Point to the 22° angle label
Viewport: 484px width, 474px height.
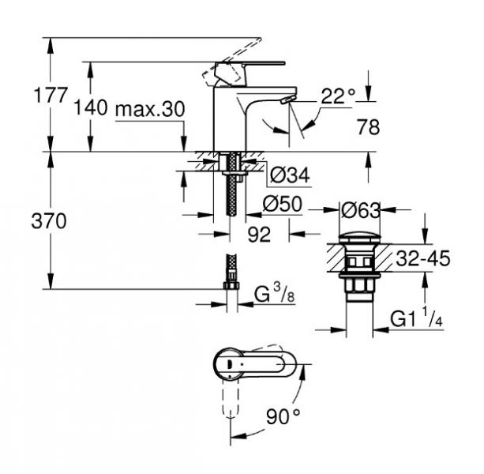coord(339,97)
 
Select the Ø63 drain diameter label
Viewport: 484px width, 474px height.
coord(360,210)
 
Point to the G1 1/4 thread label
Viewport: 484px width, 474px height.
coord(417,320)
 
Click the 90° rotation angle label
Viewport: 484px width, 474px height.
coord(284,415)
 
